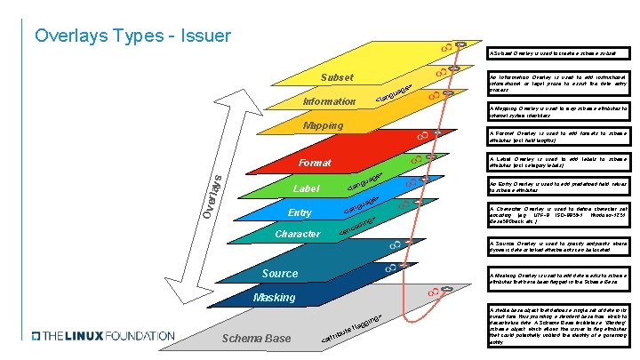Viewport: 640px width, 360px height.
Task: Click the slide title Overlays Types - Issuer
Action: click(x=132, y=36)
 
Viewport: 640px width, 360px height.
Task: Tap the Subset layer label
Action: click(x=337, y=77)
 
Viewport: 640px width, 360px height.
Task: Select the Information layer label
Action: click(x=329, y=101)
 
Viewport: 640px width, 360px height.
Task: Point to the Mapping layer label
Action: click(x=323, y=125)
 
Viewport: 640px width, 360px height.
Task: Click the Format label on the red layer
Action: click(x=315, y=163)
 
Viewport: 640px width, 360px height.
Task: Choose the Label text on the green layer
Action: click(x=306, y=189)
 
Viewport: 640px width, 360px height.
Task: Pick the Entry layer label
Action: click(x=300, y=212)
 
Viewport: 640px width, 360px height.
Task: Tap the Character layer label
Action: click(x=298, y=234)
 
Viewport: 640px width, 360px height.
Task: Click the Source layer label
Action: click(x=280, y=273)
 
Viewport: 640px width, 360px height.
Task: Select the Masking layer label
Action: click(x=275, y=296)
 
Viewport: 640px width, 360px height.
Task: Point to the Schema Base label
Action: click(x=255, y=339)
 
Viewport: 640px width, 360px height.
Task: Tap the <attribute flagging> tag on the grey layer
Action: click(x=353, y=330)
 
